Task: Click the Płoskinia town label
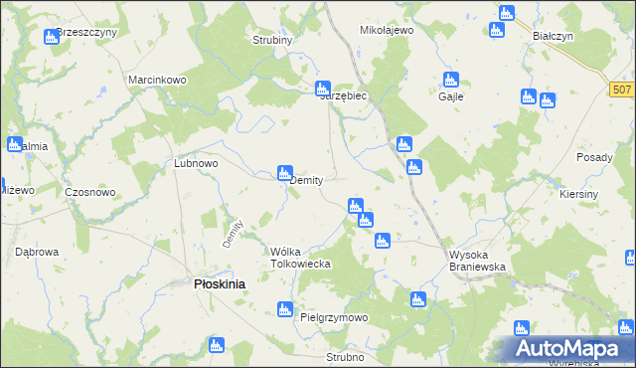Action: click(x=219, y=283)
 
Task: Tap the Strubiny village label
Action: click(x=271, y=41)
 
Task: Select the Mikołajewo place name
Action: click(x=386, y=31)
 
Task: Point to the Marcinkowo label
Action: click(x=158, y=80)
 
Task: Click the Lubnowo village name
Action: click(x=196, y=162)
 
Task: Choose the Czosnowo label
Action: click(x=90, y=192)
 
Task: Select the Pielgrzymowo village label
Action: click(x=334, y=317)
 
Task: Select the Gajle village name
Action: click(x=451, y=96)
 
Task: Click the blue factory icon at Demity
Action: click(x=284, y=173)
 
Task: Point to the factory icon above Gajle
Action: click(x=450, y=79)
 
